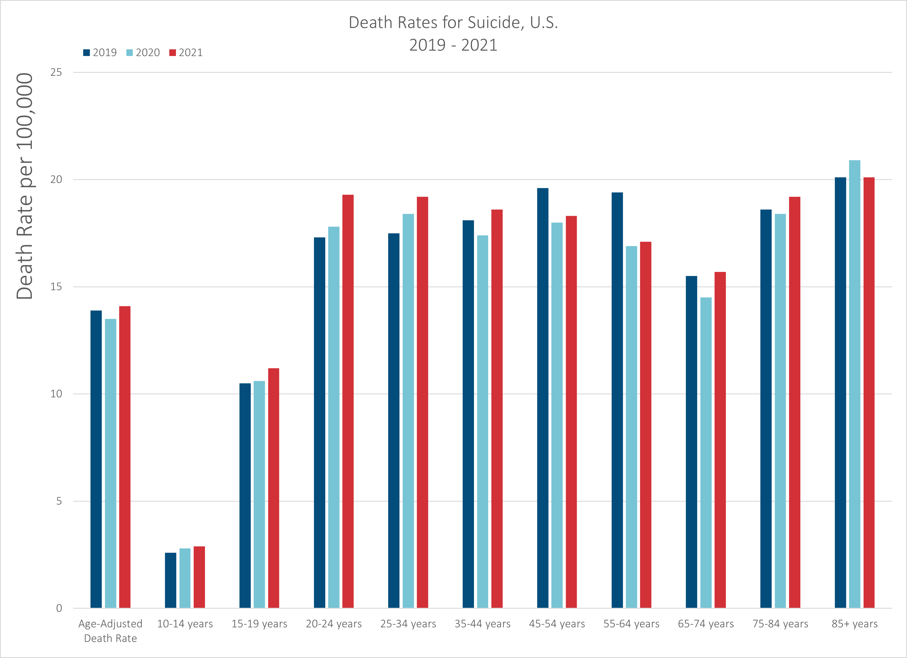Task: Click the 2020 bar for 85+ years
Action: (x=855, y=384)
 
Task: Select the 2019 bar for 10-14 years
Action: (x=170, y=580)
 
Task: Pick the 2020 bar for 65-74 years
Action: (x=706, y=453)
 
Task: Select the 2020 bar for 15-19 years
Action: (x=259, y=495)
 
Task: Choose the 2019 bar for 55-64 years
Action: (x=617, y=400)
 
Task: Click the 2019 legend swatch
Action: (x=86, y=53)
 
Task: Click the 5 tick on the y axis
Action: (x=59, y=501)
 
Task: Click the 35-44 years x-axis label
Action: (x=482, y=624)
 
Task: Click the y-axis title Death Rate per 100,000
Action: (x=25, y=186)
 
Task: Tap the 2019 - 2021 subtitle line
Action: (x=453, y=45)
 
